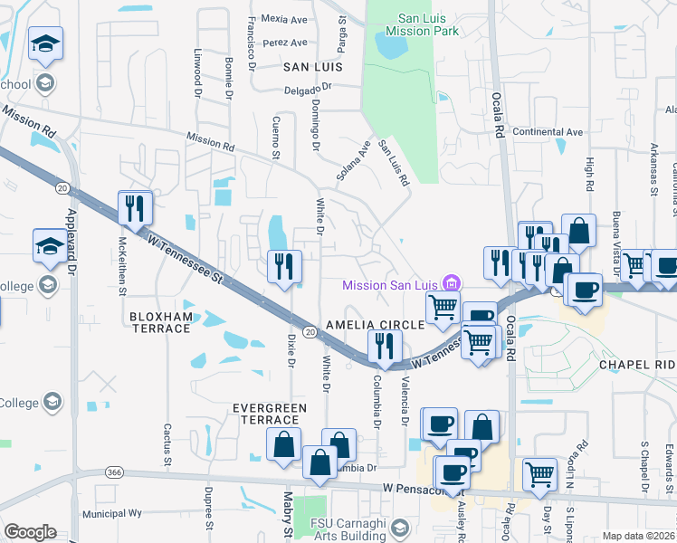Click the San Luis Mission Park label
point(422,24)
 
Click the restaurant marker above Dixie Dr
point(284,266)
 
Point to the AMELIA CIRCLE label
point(376,324)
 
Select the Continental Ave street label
point(548,132)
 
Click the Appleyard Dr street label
point(72,239)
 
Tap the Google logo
point(30,531)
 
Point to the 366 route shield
point(113,472)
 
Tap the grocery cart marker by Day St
point(540,472)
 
